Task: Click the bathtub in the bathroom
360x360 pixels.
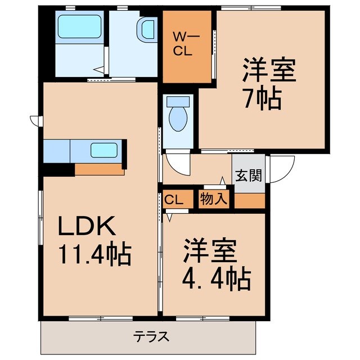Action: coord(79,25)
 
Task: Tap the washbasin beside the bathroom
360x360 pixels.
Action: coord(147,28)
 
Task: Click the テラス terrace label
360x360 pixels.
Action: coord(151,337)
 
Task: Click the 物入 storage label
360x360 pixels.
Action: coord(213,199)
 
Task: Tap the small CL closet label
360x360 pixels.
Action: coord(174,199)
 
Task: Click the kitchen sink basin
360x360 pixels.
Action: coord(104,150)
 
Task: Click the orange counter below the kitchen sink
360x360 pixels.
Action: coord(98,169)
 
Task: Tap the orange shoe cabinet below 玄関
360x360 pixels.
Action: coord(249,200)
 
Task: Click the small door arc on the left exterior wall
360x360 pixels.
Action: coord(35,120)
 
